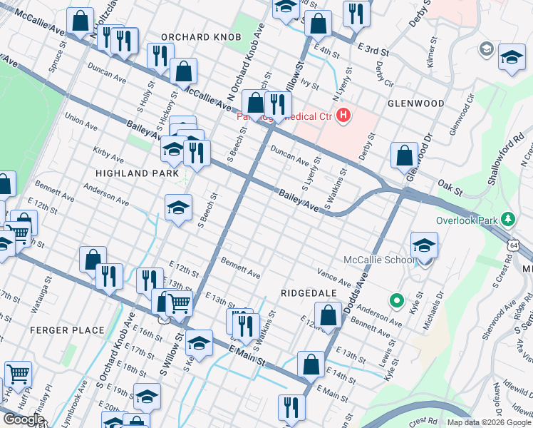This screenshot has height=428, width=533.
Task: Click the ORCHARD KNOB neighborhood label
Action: [x=195, y=37]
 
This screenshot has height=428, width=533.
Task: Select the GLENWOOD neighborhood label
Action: [x=415, y=103]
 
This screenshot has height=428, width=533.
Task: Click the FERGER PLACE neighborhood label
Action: [x=58, y=330]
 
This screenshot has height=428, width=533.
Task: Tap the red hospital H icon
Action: [x=344, y=115]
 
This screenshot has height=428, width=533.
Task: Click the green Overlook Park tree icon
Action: [x=508, y=218]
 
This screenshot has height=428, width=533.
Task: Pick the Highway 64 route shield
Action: [x=514, y=245]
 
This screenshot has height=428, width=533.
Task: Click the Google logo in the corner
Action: [x=24, y=419]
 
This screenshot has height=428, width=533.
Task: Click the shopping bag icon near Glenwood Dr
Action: [x=404, y=155]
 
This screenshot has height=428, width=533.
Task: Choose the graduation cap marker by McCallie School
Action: [x=424, y=244]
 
